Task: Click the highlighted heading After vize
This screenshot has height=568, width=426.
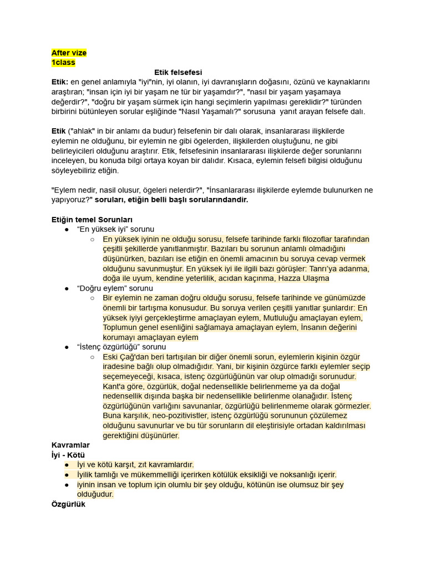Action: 69,53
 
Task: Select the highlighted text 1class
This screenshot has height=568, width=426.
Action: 63,63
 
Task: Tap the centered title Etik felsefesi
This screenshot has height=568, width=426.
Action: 177,72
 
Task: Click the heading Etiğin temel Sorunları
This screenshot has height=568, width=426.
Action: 92,220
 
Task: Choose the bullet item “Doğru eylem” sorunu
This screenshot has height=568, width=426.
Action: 115,288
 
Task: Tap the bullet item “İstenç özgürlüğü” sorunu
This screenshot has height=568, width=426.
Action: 121,347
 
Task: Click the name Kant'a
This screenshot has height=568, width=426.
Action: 114,386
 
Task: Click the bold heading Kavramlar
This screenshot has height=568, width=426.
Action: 70,445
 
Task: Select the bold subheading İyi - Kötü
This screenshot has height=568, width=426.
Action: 68,455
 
